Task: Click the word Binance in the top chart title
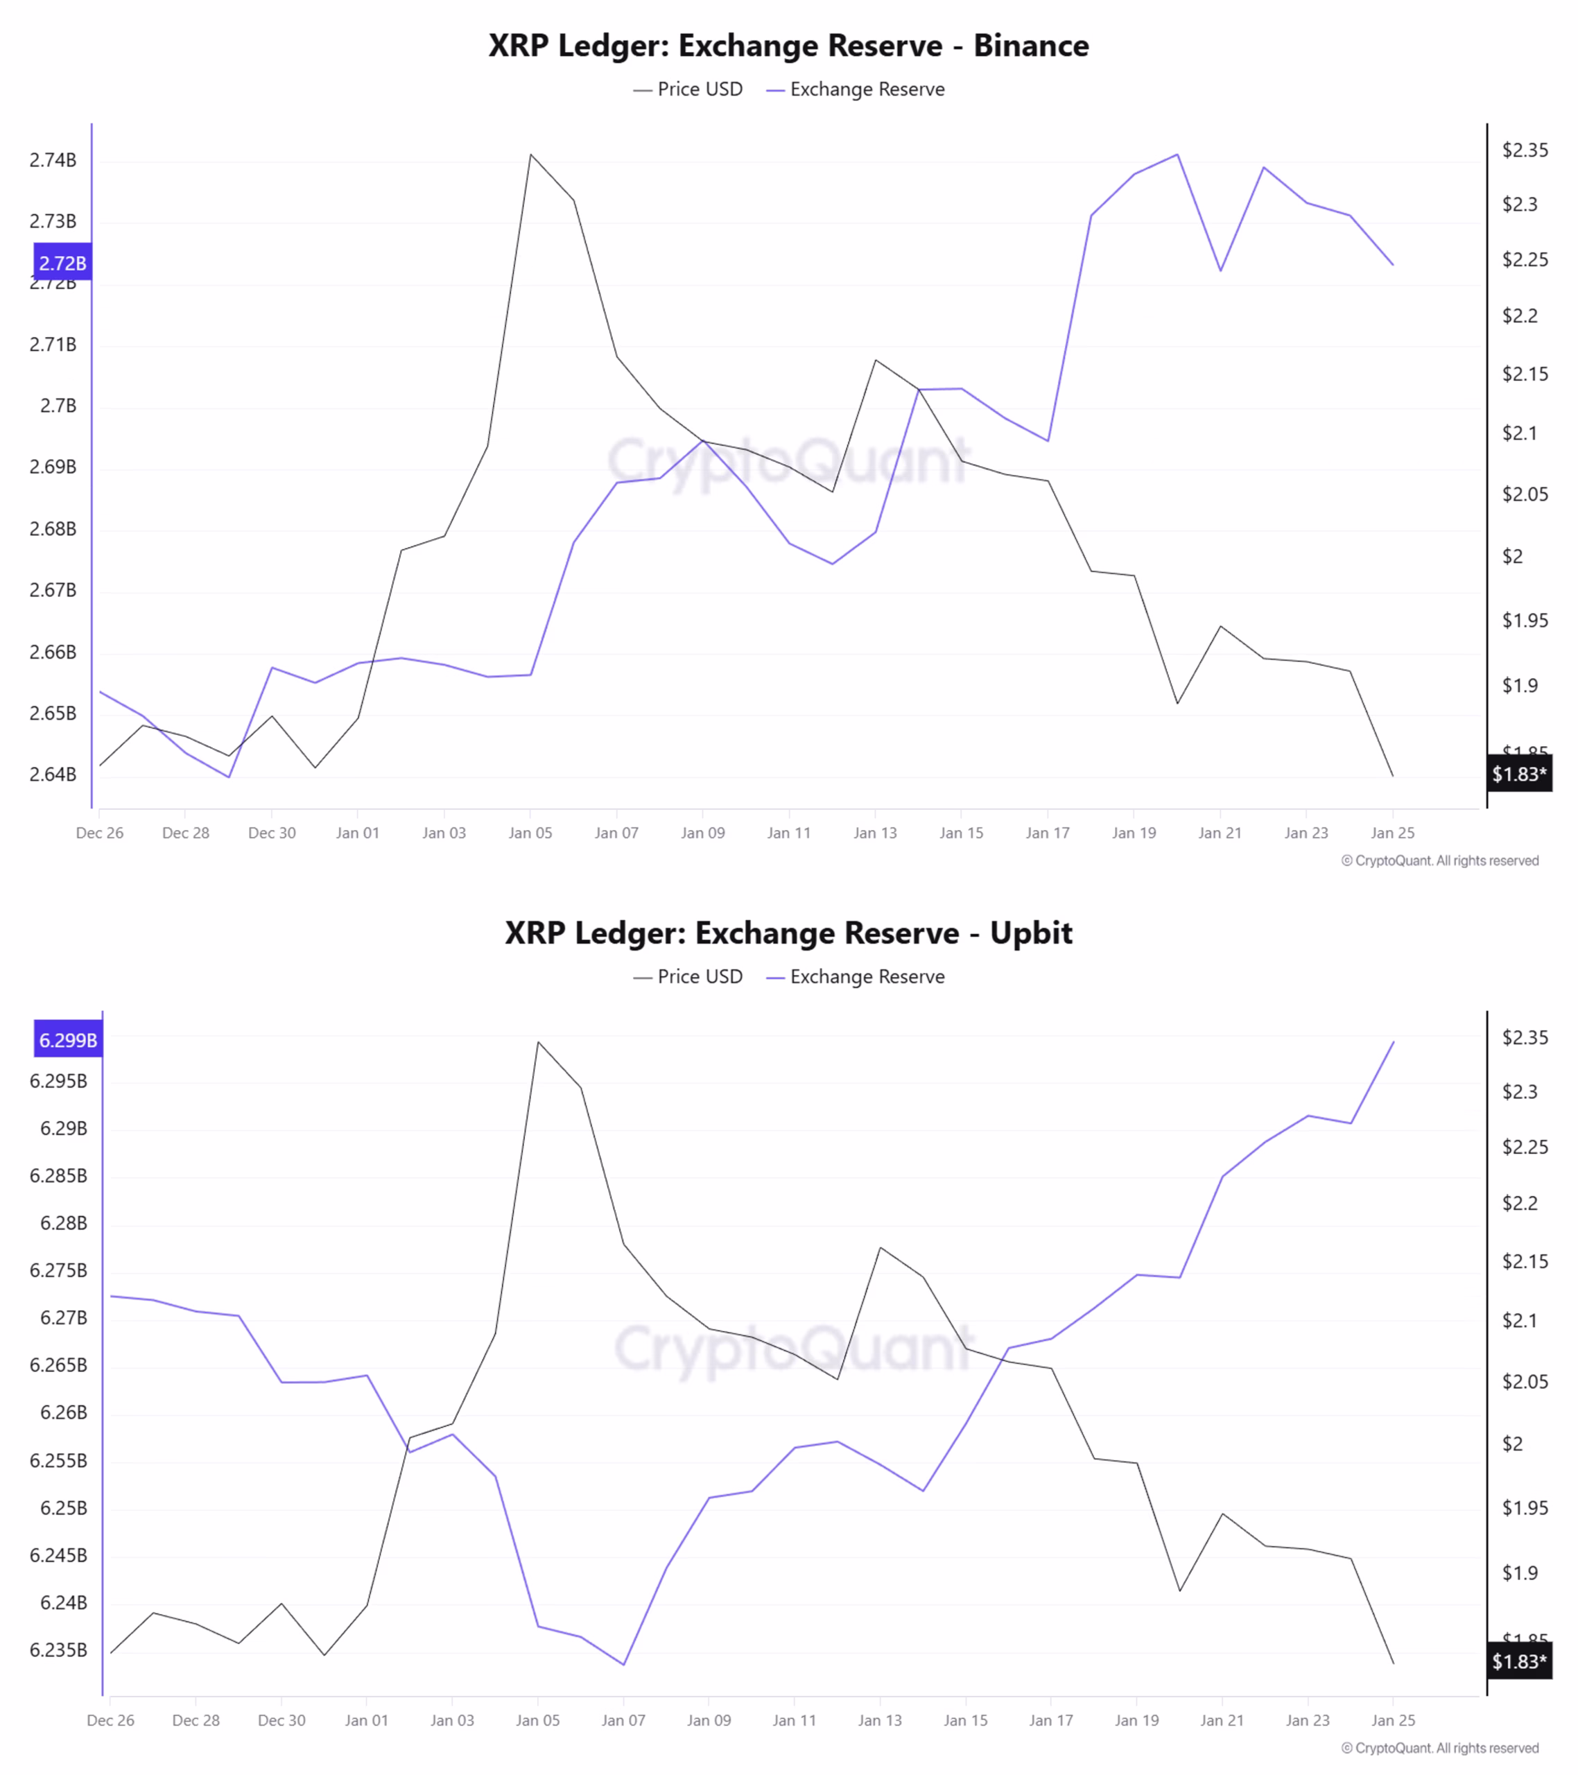1030,45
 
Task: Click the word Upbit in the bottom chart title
1031,933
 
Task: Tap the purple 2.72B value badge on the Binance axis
62,262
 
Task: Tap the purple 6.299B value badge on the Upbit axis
68,1039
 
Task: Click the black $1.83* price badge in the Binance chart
1519,774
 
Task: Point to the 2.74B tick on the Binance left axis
53,159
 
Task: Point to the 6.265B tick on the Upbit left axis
58,1365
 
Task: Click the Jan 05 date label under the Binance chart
530,833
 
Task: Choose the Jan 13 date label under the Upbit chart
880,1720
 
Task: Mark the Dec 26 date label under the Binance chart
100,833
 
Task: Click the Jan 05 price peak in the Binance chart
530,155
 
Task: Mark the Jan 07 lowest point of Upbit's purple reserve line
623,1665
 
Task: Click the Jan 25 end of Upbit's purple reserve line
1393,1042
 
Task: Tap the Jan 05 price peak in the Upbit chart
539,1042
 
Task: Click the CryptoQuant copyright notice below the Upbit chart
1439,1748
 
